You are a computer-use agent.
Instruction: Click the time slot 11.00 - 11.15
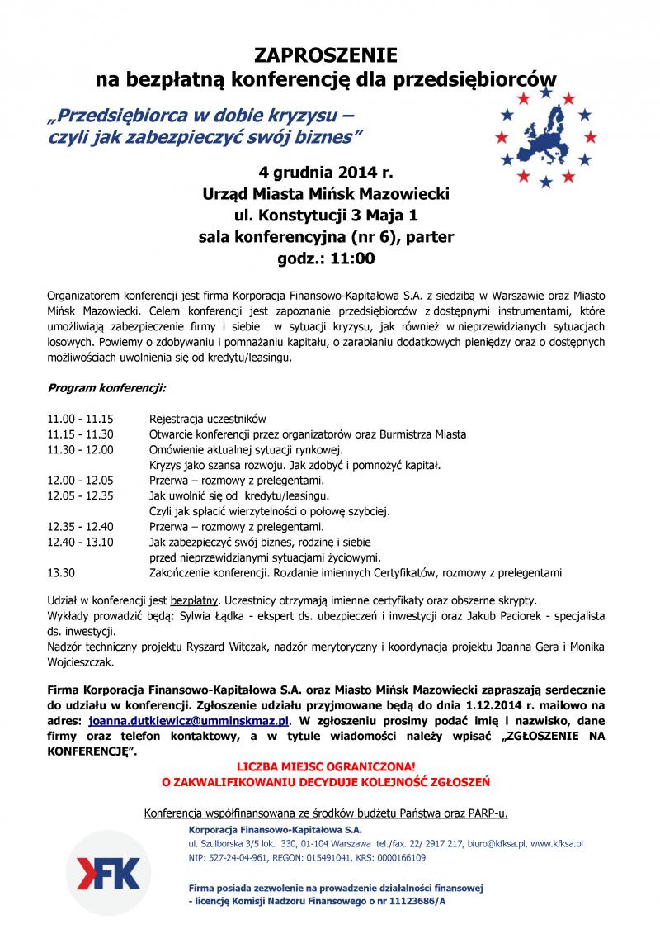point(81,419)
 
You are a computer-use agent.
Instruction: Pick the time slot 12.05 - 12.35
point(81,495)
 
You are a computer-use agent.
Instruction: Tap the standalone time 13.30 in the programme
point(62,571)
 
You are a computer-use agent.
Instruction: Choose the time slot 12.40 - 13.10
point(81,542)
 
